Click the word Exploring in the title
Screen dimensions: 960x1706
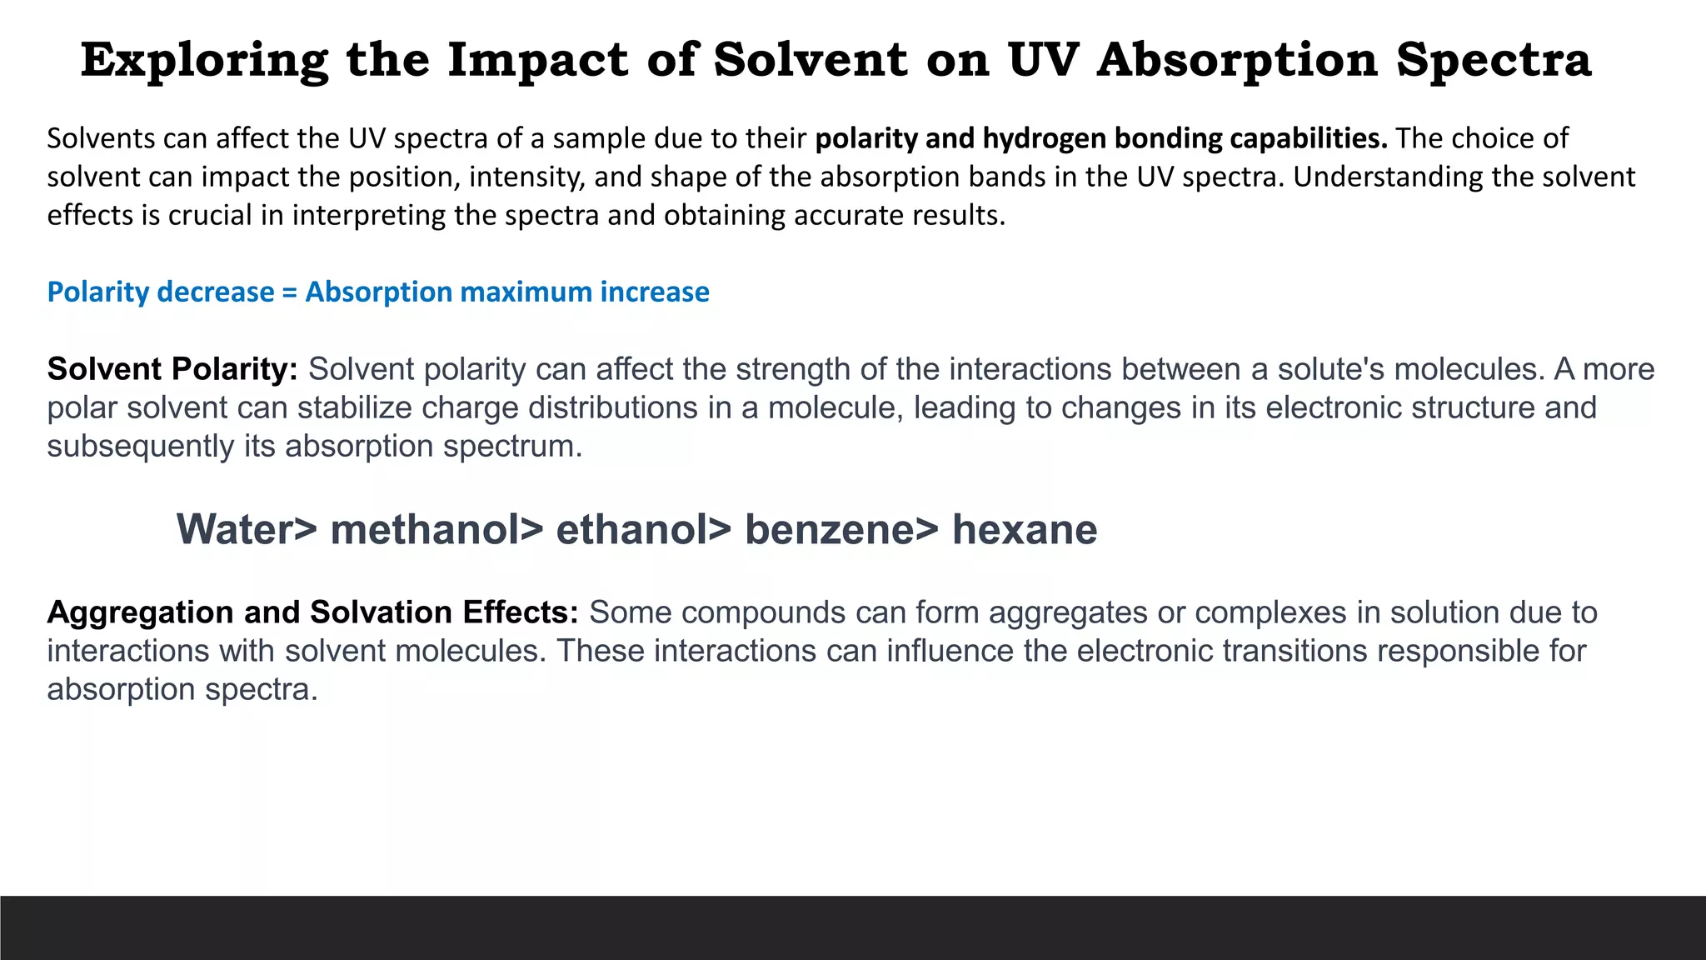tap(204, 60)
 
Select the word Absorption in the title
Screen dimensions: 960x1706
tap(1237, 60)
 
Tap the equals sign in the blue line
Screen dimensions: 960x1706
tap(289, 292)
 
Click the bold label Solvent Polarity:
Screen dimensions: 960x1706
tap(172, 368)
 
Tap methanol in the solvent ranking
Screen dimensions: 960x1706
tap(426, 529)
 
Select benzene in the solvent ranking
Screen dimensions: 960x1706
tap(830, 529)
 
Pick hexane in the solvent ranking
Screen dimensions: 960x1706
tap(1025, 529)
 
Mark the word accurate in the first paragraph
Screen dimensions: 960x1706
tap(850, 215)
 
